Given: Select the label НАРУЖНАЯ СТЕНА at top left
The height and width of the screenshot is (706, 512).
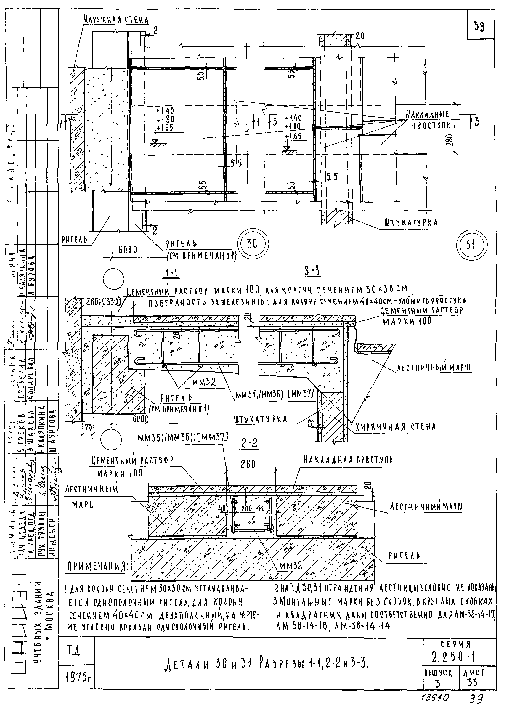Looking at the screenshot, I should (x=116, y=20).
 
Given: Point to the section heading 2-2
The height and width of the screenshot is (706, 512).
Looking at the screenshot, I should (x=249, y=444).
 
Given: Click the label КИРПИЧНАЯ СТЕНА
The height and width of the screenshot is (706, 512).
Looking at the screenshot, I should (x=396, y=427).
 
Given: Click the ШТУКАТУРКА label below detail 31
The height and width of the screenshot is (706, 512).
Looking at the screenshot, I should (x=411, y=223).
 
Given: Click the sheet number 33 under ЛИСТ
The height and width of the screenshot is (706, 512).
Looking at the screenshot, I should (x=472, y=683).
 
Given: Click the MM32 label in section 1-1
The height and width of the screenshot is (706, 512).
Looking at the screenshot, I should (x=204, y=382).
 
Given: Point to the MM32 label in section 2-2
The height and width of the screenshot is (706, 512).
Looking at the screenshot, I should (x=291, y=566).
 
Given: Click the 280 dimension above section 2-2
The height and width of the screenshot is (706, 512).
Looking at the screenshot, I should (x=248, y=464).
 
